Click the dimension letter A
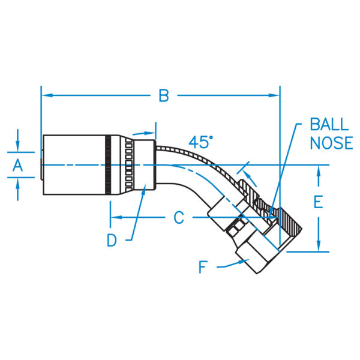coord(17,166)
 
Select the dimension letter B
coord(164,95)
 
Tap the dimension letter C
coord(179,218)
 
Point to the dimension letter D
coord(112,241)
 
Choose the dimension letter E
coord(318,202)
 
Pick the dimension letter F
coord(203,267)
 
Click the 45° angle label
coord(200,142)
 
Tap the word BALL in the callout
coord(329,124)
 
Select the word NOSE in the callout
coord(331,143)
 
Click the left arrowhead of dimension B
coord(47,95)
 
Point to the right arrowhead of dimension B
coord(274,95)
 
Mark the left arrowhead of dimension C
coord(116,217)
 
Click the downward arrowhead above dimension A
coord(17,146)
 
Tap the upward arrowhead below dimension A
coord(17,184)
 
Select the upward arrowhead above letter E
coord(319,171)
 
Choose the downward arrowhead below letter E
coord(319,246)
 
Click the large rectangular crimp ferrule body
coord(74,165)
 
